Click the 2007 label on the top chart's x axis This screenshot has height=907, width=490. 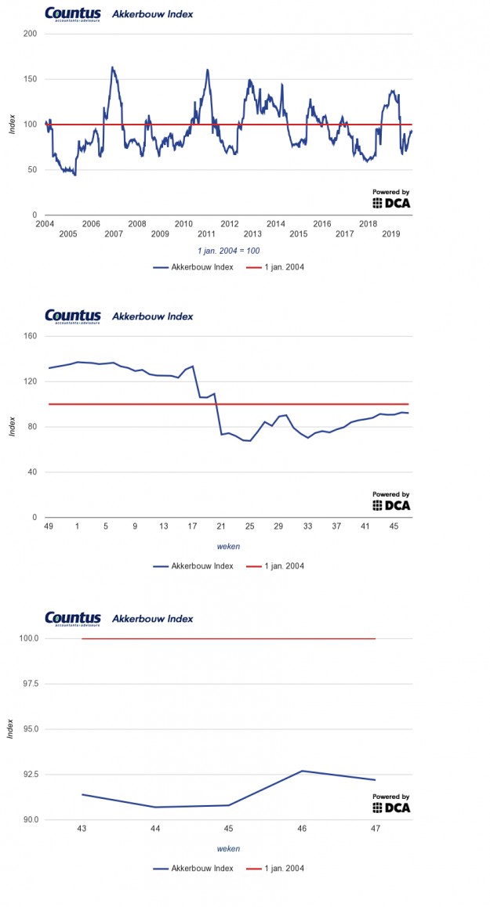tap(113, 234)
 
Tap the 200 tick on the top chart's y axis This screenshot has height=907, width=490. tap(30, 34)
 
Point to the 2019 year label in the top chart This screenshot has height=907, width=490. tap(391, 234)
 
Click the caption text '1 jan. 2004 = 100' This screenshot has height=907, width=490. tap(228, 251)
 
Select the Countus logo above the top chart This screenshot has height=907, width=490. tap(73, 14)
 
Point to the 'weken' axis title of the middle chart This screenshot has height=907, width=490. tap(228, 547)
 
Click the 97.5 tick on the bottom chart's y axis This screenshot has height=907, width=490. tap(28, 684)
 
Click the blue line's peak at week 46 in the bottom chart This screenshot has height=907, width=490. tap(302, 771)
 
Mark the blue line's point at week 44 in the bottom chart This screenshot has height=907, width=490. tap(155, 807)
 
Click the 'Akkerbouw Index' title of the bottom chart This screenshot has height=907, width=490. tap(153, 619)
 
